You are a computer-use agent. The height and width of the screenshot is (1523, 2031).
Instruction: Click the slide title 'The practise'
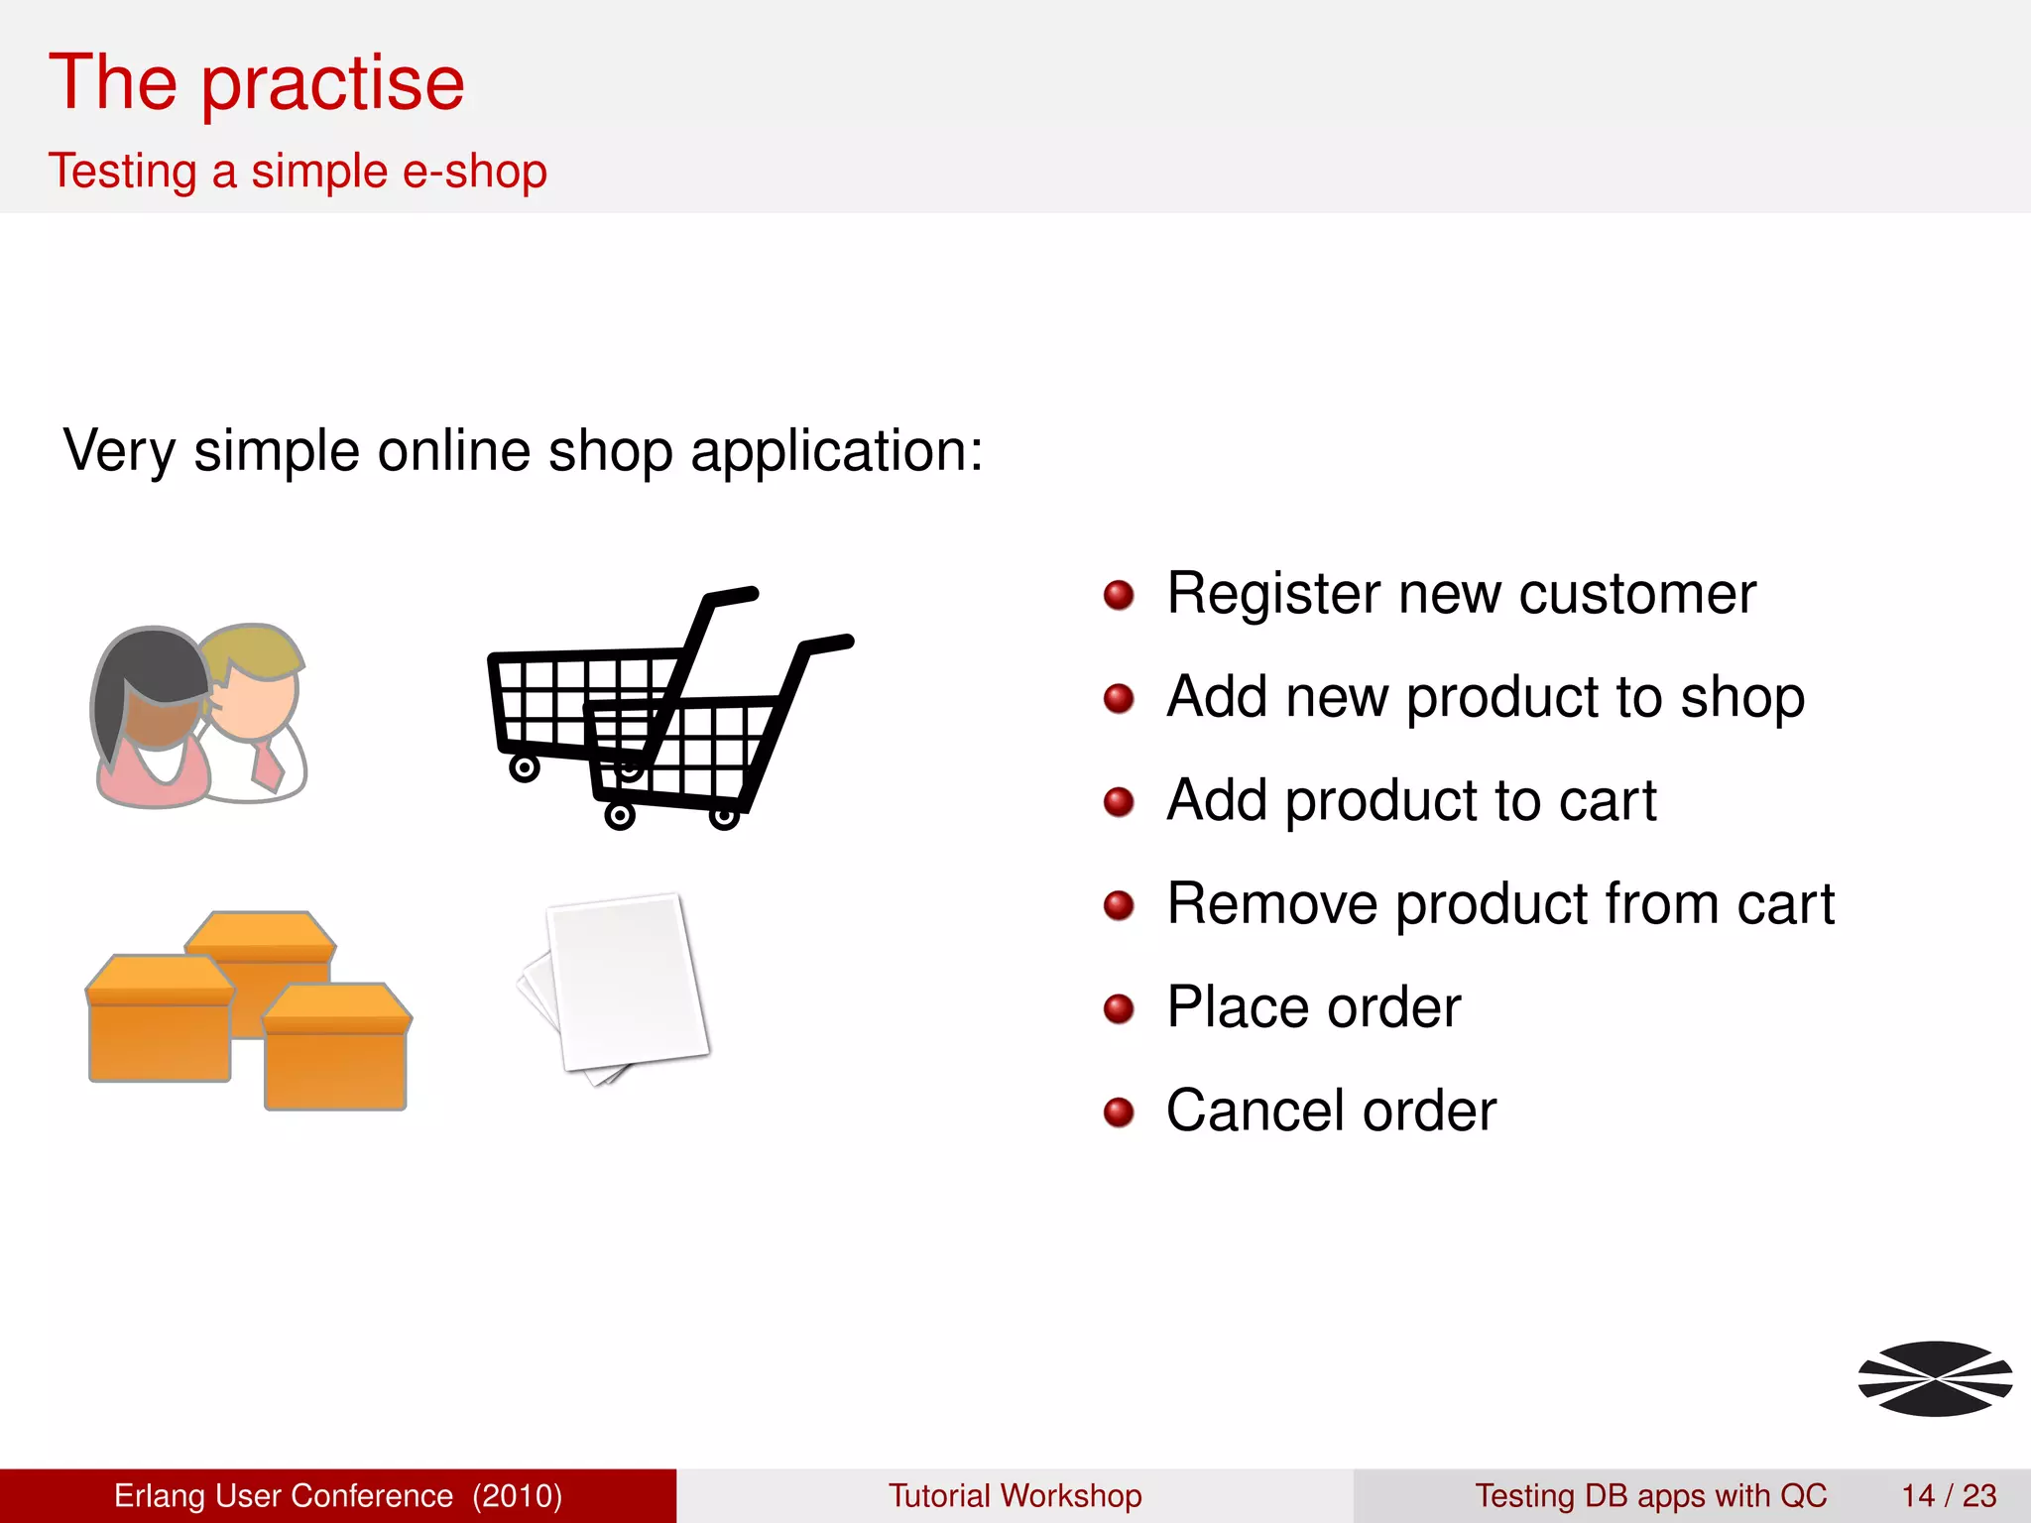click(x=256, y=83)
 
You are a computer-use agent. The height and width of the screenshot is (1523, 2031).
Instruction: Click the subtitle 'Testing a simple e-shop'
click(x=298, y=172)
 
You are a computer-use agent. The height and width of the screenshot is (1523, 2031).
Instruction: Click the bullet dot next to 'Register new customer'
click(x=1119, y=595)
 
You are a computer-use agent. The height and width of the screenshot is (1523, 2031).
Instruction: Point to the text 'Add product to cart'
click(x=1410, y=801)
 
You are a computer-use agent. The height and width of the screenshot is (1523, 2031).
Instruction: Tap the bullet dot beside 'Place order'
click(x=1119, y=1008)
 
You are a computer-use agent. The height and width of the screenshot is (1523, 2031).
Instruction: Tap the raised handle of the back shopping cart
click(x=732, y=596)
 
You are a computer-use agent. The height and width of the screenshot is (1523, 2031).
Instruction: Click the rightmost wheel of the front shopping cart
click(x=725, y=817)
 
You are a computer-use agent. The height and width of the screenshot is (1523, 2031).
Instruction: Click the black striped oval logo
click(x=1935, y=1378)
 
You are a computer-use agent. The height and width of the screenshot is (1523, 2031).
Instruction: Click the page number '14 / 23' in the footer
click(x=1948, y=1495)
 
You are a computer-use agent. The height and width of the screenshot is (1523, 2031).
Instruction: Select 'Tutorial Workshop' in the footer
click(x=1015, y=1495)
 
